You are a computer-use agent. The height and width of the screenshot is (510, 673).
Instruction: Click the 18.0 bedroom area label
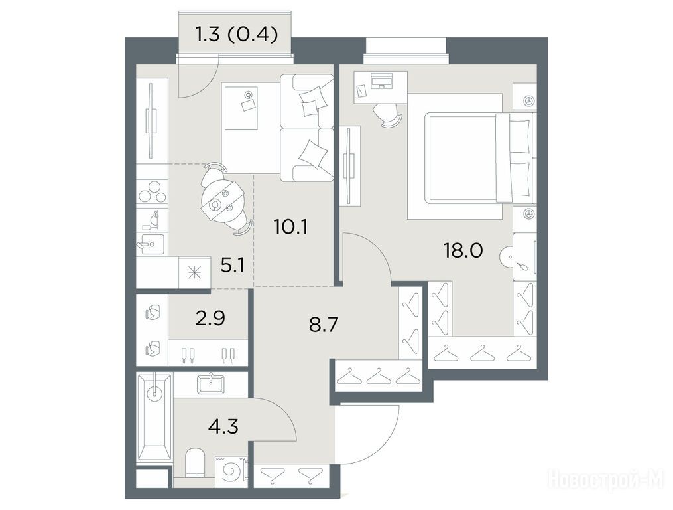(463, 250)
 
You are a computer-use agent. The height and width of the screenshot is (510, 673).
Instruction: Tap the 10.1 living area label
(290, 226)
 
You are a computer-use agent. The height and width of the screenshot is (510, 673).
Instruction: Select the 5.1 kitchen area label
(232, 266)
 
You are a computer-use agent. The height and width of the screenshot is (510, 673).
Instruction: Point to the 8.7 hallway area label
(324, 325)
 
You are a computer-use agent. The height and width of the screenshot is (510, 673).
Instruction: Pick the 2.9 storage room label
(210, 319)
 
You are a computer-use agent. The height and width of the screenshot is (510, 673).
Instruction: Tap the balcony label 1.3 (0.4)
(237, 35)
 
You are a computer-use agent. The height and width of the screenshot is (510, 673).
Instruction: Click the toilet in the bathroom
(196, 463)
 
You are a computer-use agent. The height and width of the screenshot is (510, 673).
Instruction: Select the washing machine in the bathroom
(231, 471)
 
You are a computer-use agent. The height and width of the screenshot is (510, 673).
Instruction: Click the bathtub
(154, 416)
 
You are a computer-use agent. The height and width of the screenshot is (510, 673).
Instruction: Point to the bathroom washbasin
(210, 383)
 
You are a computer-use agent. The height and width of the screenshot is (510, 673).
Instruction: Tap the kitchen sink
(151, 245)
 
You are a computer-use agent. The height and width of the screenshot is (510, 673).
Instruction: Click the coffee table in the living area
(240, 107)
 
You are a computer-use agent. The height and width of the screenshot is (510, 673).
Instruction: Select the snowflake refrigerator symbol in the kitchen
(194, 273)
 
